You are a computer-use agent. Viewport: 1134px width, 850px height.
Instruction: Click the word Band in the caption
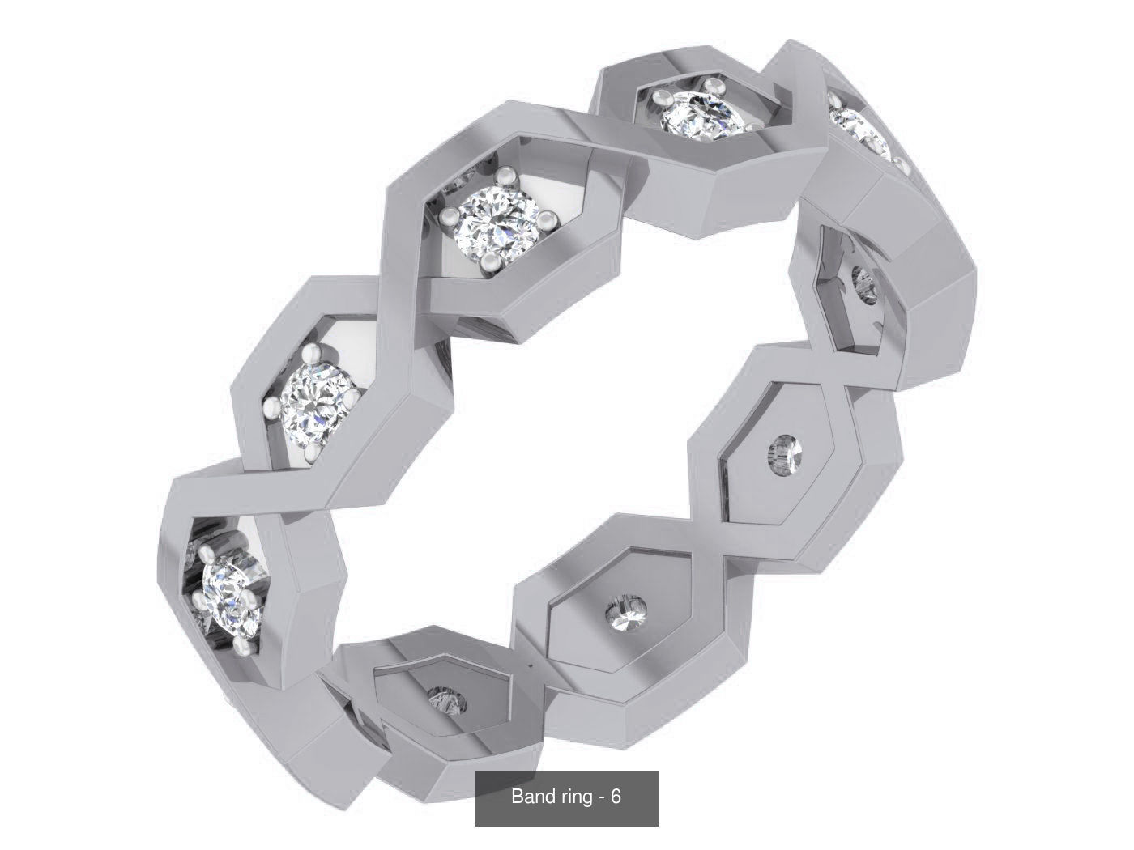point(529,797)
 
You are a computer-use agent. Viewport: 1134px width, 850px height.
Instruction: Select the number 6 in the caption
point(616,797)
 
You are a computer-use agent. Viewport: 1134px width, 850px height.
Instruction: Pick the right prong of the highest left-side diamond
point(550,217)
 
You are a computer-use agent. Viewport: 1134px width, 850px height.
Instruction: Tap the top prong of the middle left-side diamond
point(311,353)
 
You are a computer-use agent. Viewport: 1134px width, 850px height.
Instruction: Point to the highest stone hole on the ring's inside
point(864,285)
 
